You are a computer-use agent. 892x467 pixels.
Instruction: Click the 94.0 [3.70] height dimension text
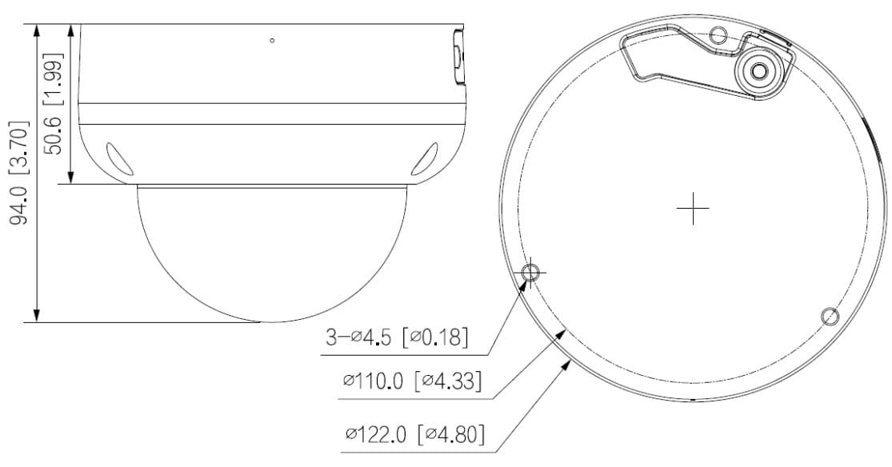pos(18,173)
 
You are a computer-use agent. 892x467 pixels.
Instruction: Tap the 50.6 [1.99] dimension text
pos(53,103)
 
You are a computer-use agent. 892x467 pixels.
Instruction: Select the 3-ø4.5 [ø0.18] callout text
pos(398,337)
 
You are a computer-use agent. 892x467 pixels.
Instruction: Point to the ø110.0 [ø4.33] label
pos(413,381)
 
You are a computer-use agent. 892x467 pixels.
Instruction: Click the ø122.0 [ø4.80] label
pos(415,435)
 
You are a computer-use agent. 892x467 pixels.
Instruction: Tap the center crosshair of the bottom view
pos(693,208)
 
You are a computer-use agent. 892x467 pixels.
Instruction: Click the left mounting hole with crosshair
pos(530,273)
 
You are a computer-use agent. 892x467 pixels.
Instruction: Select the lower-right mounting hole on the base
pos(830,316)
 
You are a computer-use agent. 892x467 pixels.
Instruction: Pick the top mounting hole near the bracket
pos(719,35)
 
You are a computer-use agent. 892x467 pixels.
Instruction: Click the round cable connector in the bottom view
pos(758,71)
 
